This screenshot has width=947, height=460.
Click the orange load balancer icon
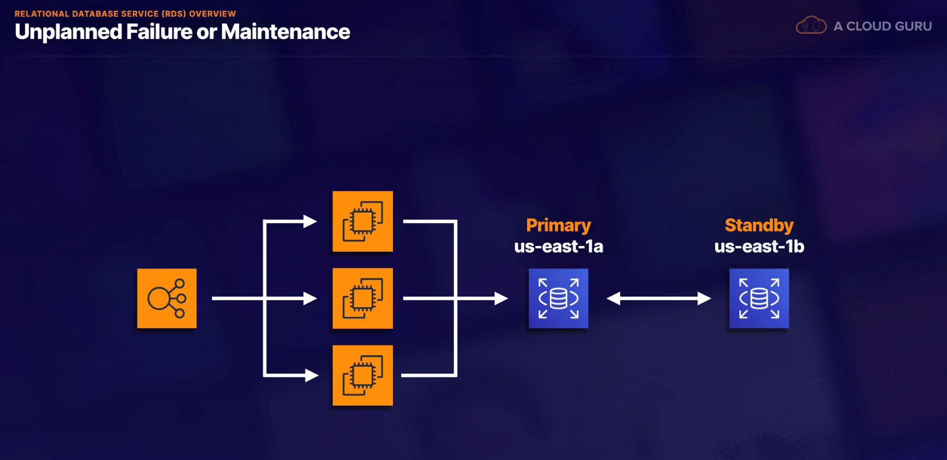pos(167,298)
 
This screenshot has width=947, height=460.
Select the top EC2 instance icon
pos(363,221)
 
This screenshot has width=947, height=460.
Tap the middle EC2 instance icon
pos(363,298)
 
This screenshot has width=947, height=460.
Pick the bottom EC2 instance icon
pos(363,375)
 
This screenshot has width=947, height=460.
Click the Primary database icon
pos(558,298)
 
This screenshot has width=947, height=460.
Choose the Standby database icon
pos(760,298)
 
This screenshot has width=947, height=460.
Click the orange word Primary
pos(558,226)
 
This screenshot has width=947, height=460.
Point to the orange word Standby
pos(760,226)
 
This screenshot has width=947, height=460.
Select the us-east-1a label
pos(558,246)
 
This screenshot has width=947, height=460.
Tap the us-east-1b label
pos(760,246)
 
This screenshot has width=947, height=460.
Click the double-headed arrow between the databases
pos(659,298)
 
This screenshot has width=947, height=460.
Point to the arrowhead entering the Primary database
pos(501,298)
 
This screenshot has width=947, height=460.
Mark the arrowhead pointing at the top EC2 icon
pos(310,221)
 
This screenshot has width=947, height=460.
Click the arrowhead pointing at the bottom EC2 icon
pos(311,375)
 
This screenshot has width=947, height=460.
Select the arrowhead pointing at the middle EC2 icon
pos(310,298)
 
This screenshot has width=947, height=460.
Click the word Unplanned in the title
pos(68,32)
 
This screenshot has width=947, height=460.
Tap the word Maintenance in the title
pos(286,32)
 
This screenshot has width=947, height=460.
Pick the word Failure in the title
pos(159,32)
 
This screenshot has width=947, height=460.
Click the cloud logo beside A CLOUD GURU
pos(811,25)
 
